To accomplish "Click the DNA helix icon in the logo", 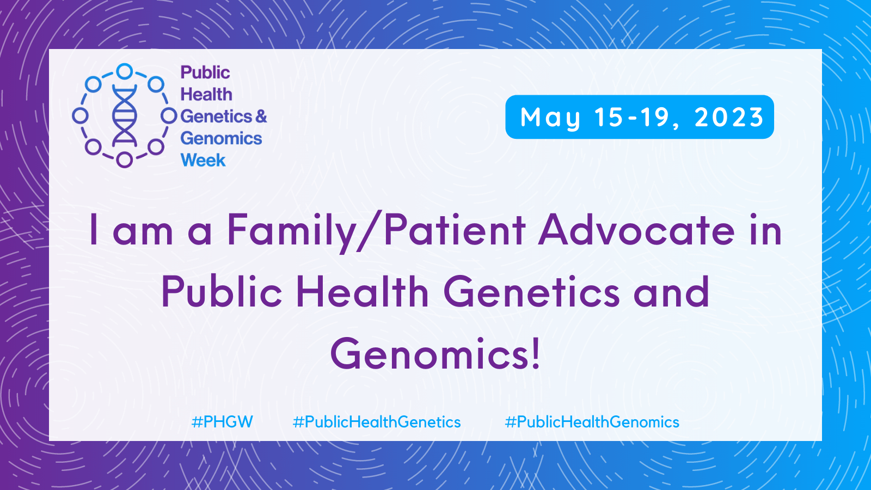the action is coord(125,116).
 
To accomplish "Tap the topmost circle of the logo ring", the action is coord(125,71).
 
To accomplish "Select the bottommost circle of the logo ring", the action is coord(125,160).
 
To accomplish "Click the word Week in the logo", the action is coord(203,160).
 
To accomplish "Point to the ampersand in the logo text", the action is coord(261,117).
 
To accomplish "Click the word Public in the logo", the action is coord(205,73).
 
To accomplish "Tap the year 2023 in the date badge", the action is coord(729,118).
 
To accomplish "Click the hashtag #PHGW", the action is coord(222,422).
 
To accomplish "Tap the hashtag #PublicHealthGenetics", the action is coord(376,422).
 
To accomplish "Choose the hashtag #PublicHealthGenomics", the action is coord(592,422).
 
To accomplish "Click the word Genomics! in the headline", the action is coord(435,354).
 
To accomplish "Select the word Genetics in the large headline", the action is coord(531,292).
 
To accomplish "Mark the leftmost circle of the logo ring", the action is coord(80,115).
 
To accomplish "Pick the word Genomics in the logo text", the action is coord(221,139).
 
